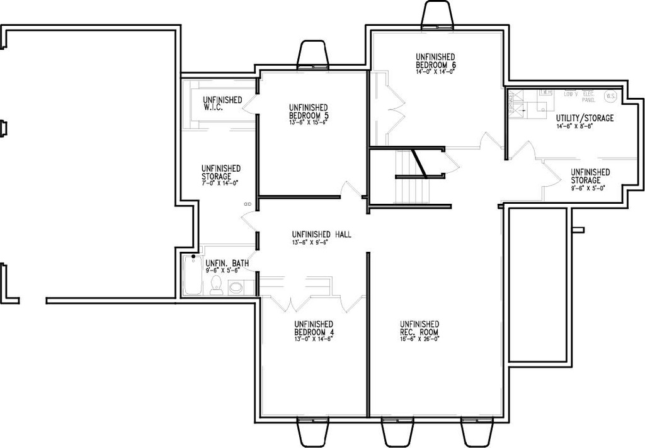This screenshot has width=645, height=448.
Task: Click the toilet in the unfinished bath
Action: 216,285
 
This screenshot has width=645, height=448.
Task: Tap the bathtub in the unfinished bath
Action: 191,275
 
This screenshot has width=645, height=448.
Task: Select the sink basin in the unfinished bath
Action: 236,288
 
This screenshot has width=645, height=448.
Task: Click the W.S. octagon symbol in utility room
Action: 610,96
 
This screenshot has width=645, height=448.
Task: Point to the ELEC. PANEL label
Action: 588,97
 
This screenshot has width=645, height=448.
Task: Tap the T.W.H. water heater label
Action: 545,93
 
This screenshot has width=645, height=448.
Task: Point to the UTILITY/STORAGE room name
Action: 585,118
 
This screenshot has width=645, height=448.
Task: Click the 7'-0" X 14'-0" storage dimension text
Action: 220,182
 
